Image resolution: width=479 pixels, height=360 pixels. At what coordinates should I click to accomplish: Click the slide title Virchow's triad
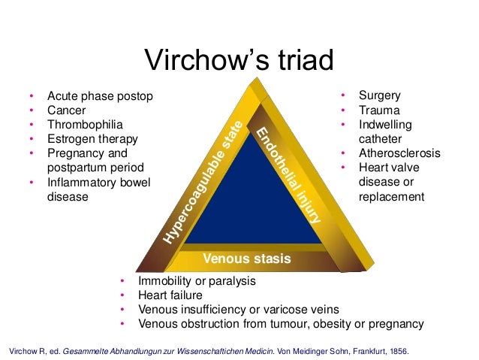click(x=239, y=60)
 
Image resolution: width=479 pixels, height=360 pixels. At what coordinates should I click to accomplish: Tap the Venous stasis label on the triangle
click(x=246, y=259)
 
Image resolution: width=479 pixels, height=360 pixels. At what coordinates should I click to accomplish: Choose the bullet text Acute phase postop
click(x=100, y=96)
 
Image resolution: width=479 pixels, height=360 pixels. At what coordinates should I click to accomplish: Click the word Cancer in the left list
click(x=68, y=110)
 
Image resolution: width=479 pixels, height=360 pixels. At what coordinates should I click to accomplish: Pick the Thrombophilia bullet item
click(x=85, y=125)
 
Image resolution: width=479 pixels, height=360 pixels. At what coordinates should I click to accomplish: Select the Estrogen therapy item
click(x=92, y=139)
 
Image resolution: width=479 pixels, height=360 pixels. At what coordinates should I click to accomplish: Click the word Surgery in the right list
click(x=379, y=96)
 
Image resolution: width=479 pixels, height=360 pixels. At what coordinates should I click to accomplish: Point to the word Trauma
click(x=378, y=110)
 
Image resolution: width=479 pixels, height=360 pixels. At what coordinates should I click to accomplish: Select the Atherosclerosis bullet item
click(x=399, y=153)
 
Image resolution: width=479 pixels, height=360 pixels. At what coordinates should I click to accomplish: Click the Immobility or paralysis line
click(x=197, y=281)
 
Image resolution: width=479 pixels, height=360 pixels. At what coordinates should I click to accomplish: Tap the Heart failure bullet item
click(x=170, y=295)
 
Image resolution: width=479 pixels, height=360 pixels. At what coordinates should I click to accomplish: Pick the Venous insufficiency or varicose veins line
click(x=239, y=310)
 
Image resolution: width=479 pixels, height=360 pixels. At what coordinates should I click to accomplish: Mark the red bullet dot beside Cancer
click(x=32, y=110)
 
